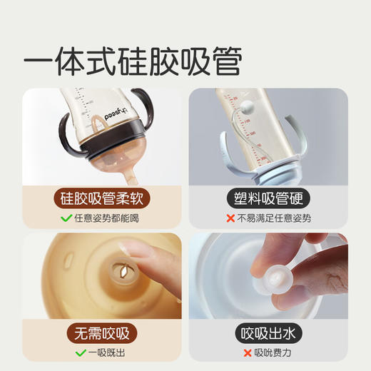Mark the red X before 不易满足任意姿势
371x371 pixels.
pos(230,218)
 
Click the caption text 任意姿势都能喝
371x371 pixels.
pos(109,218)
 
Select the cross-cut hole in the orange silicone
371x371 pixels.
pos(123,272)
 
